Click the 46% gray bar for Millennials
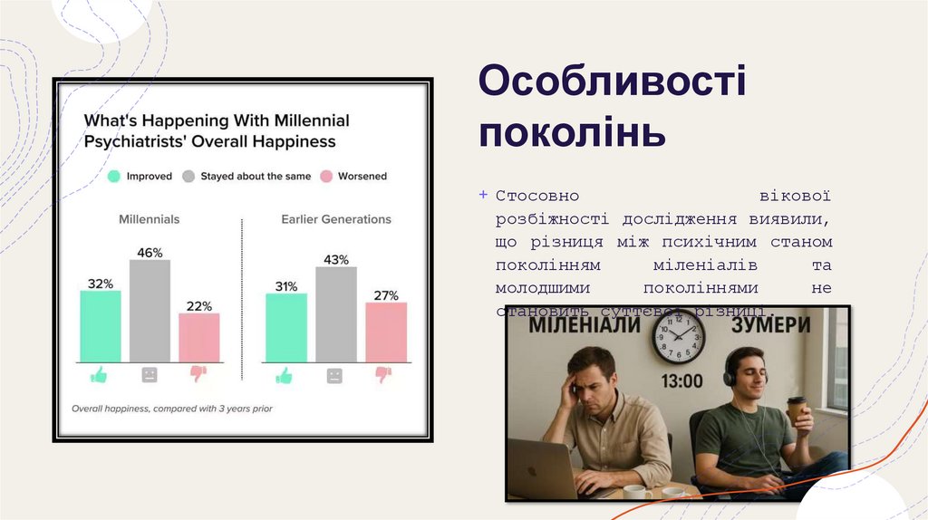pos(150,311)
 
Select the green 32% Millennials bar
pos(100,326)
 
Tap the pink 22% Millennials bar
pos(198,337)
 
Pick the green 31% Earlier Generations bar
pos(285,327)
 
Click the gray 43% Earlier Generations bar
pos(335,314)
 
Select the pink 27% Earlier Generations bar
pos(386,332)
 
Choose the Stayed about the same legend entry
pos(246,177)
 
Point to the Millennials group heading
pos(149,219)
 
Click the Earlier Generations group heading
pos(335,219)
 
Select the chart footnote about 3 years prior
pos(172,409)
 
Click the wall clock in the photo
pos(678,337)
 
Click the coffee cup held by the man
pos(796,410)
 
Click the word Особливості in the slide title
pos(613,82)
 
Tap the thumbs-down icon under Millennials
pos(198,374)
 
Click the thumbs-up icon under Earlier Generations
pos(285,374)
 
